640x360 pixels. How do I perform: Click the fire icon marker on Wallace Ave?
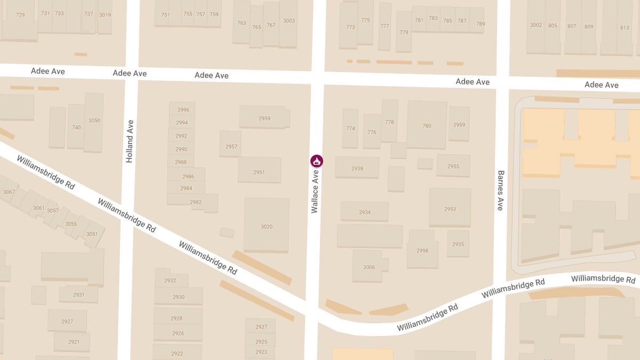point(316,161)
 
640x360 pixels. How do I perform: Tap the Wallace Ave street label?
point(315,191)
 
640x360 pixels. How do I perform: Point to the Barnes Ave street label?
point(500,190)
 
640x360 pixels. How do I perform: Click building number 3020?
point(267,227)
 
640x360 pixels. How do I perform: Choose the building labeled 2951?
point(259,172)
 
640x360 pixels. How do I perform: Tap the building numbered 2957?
point(231,147)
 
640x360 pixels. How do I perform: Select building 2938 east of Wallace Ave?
point(357,169)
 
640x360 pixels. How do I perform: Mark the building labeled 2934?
point(365,212)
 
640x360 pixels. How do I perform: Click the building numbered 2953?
point(450,209)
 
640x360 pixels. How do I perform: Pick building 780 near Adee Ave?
point(427,126)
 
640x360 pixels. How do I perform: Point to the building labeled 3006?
point(369,267)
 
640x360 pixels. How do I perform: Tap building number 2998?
point(422,251)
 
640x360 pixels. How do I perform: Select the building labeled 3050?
point(94,121)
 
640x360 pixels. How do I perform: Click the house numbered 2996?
point(182,110)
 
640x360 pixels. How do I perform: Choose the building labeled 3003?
point(289,21)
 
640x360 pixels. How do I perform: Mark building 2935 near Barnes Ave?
point(458,244)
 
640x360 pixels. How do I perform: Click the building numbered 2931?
point(79,295)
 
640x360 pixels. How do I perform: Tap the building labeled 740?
point(76,127)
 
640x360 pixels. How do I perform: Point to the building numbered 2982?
point(196,202)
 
